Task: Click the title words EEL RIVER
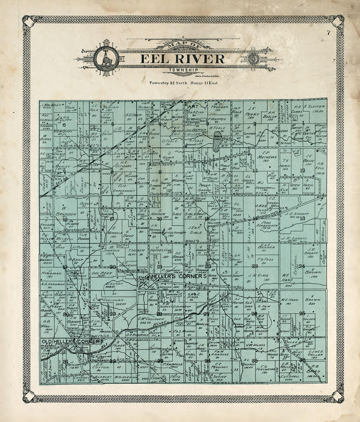pos(183,59)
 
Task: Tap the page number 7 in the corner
pos(328,32)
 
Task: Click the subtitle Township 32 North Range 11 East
pos(183,83)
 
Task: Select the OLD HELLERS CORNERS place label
pos(70,342)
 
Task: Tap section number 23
pos(255,266)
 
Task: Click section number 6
pos(64,125)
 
